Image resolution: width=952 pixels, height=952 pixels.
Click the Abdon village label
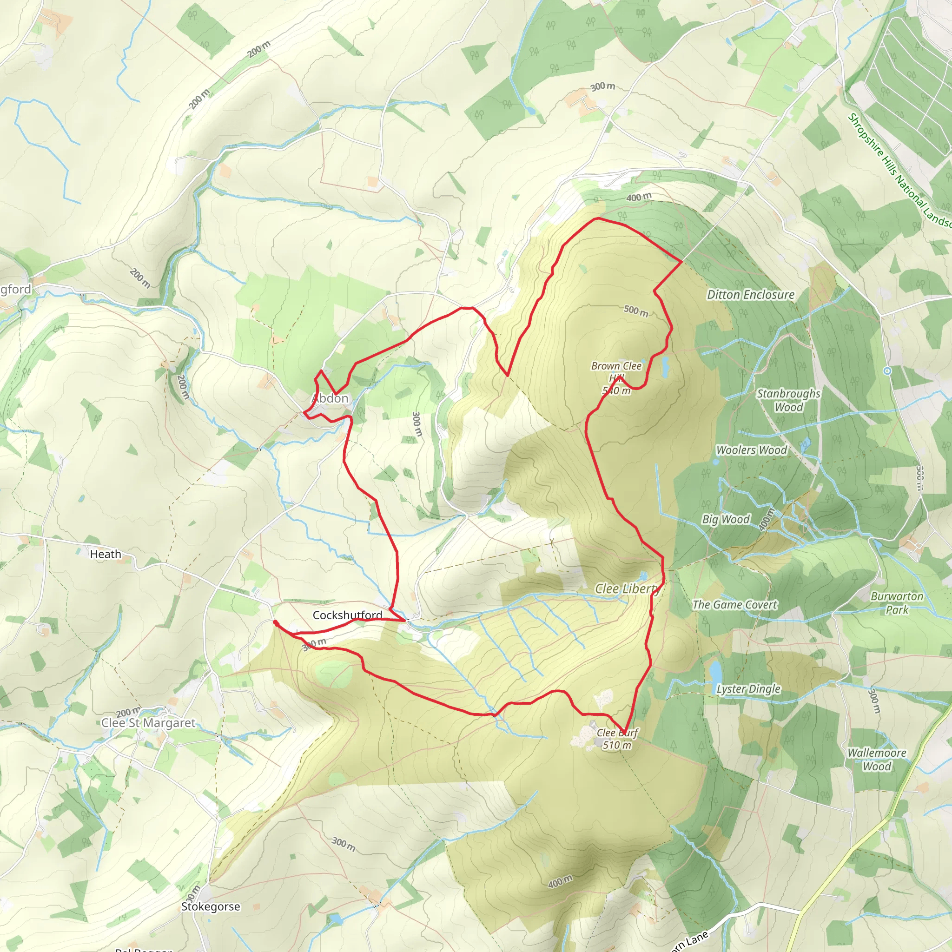330,399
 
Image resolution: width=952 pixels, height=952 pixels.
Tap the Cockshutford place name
347,615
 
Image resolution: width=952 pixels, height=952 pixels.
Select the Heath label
106,555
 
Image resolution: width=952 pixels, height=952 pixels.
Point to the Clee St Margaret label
148,723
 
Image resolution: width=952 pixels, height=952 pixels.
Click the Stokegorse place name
211,906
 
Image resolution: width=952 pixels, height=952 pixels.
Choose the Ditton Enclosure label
750,295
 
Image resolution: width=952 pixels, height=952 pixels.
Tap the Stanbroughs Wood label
788,400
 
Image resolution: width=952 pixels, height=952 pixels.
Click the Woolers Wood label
752,450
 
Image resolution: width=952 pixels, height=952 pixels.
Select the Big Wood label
726,519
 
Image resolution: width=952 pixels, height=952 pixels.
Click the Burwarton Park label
897,602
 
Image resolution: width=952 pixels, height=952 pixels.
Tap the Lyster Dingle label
748,689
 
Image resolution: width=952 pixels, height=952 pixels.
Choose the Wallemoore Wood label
877,760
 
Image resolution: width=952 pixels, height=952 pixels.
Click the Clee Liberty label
627,589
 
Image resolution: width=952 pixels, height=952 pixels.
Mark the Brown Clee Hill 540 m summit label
616,378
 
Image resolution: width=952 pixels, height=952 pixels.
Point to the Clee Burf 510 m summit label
617,739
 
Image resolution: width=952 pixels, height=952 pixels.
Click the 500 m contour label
635,311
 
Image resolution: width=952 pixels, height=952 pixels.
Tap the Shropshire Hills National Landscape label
899,170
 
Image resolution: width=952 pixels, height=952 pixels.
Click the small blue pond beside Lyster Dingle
715,671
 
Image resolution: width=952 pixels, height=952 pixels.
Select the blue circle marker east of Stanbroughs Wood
887,370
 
